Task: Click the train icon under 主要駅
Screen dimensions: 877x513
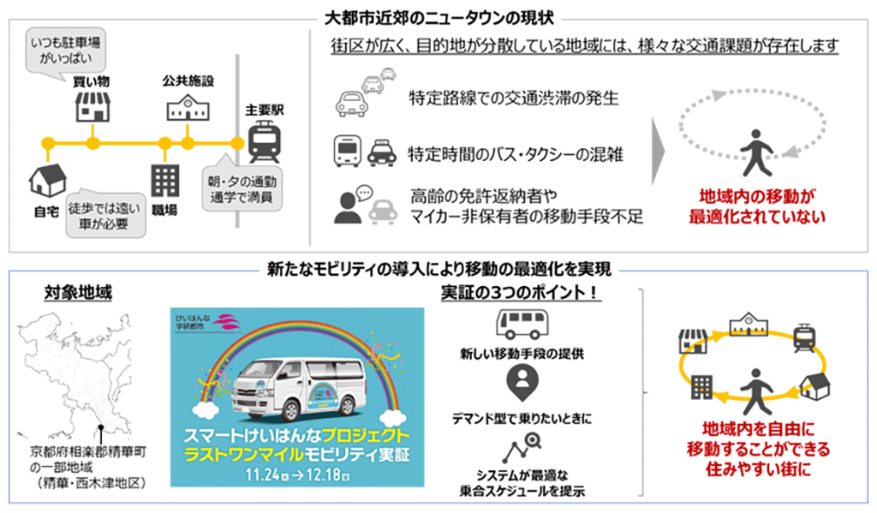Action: pyautogui.click(x=265, y=141)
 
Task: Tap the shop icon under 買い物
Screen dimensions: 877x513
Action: pyautogui.click(x=92, y=106)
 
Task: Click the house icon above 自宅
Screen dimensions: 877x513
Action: pyautogui.click(x=48, y=180)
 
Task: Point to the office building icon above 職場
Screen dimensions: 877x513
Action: pyautogui.click(x=165, y=181)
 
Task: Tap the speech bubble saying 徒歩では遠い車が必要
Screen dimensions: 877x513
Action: pyautogui.click(x=104, y=215)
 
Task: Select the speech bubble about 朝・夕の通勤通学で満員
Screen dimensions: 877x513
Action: pyautogui.click(x=242, y=188)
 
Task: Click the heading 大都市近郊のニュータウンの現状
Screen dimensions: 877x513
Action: pyautogui.click(x=439, y=19)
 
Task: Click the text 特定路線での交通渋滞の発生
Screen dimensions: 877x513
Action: pyautogui.click(x=514, y=98)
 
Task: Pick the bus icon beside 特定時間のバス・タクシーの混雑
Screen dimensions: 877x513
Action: pyautogui.click(x=348, y=151)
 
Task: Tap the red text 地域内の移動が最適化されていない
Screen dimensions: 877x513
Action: pyautogui.click(x=757, y=206)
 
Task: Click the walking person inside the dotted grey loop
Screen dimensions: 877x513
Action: pyautogui.click(x=755, y=152)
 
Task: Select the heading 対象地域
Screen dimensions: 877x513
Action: pyautogui.click(x=78, y=292)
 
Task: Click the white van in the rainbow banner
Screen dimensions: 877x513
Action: pyautogui.click(x=295, y=390)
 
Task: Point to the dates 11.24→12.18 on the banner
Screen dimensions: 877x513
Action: pyautogui.click(x=297, y=474)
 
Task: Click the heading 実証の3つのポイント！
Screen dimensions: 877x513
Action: pyautogui.click(x=521, y=292)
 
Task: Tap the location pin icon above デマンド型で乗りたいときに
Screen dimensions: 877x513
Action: pyautogui.click(x=522, y=382)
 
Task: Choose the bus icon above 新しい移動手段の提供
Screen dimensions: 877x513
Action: pyautogui.click(x=522, y=324)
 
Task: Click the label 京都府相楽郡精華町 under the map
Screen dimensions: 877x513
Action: pyautogui.click(x=88, y=451)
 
